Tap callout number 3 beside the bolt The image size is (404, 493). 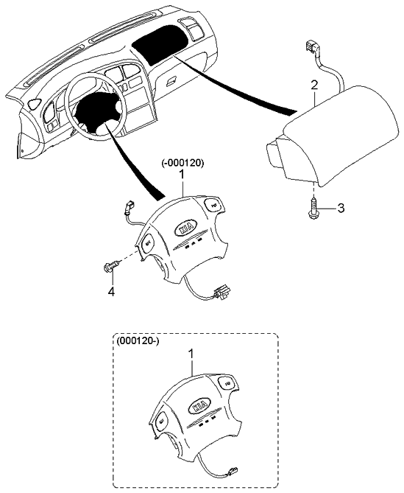pyautogui.click(x=341, y=208)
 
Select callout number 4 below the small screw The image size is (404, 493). pyautogui.click(x=111, y=292)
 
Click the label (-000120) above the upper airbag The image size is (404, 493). pyautogui.click(x=183, y=163)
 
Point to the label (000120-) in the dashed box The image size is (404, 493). pyautogui.click(x=138, y=341)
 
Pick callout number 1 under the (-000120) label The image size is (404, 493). pyautogui.click(x=182, y=175)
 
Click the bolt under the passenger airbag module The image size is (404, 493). pyautogui.click(x=312, y=208)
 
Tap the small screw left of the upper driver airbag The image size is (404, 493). pyautogui.click(x=110, y=264)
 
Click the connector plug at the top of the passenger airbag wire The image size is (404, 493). pyautogui.click(x=311, y=48)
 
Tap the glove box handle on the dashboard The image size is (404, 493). pyautogui.click(x=171, y=81)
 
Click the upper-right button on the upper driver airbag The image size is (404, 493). pyautogui.click(x=215, y=206)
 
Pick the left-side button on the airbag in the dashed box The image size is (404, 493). pyautogui.click(x=161, y=422)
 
